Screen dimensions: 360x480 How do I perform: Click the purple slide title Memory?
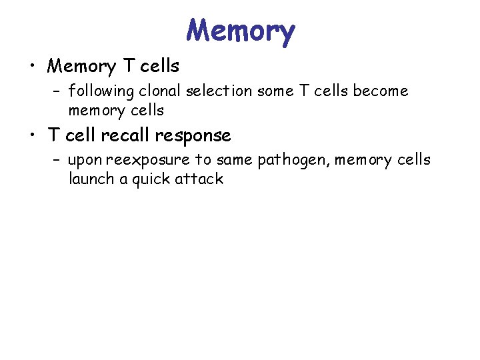[x=240, y=31]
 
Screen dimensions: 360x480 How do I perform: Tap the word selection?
[x=216, y=90]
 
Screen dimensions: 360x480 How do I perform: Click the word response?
[x=193, y=136]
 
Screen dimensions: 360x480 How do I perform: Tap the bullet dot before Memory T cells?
[x=31, y=67]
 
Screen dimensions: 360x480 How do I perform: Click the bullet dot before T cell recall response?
[x=31, y=136]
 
